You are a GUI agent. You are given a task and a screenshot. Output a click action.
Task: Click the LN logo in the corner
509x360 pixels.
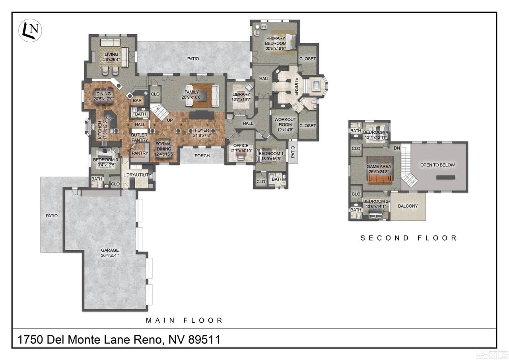(x=30, y=30)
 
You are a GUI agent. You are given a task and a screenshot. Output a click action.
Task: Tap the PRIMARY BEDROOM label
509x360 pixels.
(x=276, y=41)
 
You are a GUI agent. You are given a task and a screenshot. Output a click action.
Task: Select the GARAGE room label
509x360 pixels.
(x=110, y=250)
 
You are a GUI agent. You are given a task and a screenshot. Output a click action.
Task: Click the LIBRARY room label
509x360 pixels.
(x=241, y=94)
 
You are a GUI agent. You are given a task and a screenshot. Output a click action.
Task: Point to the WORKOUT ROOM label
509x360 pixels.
(x=285, y=122)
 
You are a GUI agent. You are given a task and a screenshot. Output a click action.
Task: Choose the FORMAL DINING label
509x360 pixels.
(x=164, y=146)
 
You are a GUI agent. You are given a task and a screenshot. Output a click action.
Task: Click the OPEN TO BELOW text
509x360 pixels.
(x=437, y=165)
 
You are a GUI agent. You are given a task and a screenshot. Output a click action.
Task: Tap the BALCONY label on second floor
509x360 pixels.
(x=408, y=206)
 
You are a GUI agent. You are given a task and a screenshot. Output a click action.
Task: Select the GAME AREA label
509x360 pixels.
(x=379, y=167)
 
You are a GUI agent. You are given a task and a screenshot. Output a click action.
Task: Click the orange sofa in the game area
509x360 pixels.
(x=380, y=179)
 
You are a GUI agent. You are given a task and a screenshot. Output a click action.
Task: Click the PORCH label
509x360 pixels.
(x=202, y=156)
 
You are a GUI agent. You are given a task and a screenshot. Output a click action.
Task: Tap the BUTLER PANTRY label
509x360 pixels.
(x=140, y=138)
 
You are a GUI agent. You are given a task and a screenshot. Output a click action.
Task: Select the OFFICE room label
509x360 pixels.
(x=241, y=146)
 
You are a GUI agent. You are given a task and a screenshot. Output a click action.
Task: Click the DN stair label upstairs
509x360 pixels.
(x=397, y=148)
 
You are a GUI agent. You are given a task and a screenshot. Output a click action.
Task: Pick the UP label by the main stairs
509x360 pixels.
(x=170, y=120)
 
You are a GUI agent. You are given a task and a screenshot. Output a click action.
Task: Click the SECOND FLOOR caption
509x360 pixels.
(x=409, y=238)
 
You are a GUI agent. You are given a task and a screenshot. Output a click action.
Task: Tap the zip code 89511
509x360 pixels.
(x=204, y=340)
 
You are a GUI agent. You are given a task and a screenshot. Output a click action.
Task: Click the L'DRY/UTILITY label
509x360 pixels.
(x=137, y=175)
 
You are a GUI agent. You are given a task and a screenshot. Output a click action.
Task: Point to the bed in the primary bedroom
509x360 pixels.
(x=290, y=42)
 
